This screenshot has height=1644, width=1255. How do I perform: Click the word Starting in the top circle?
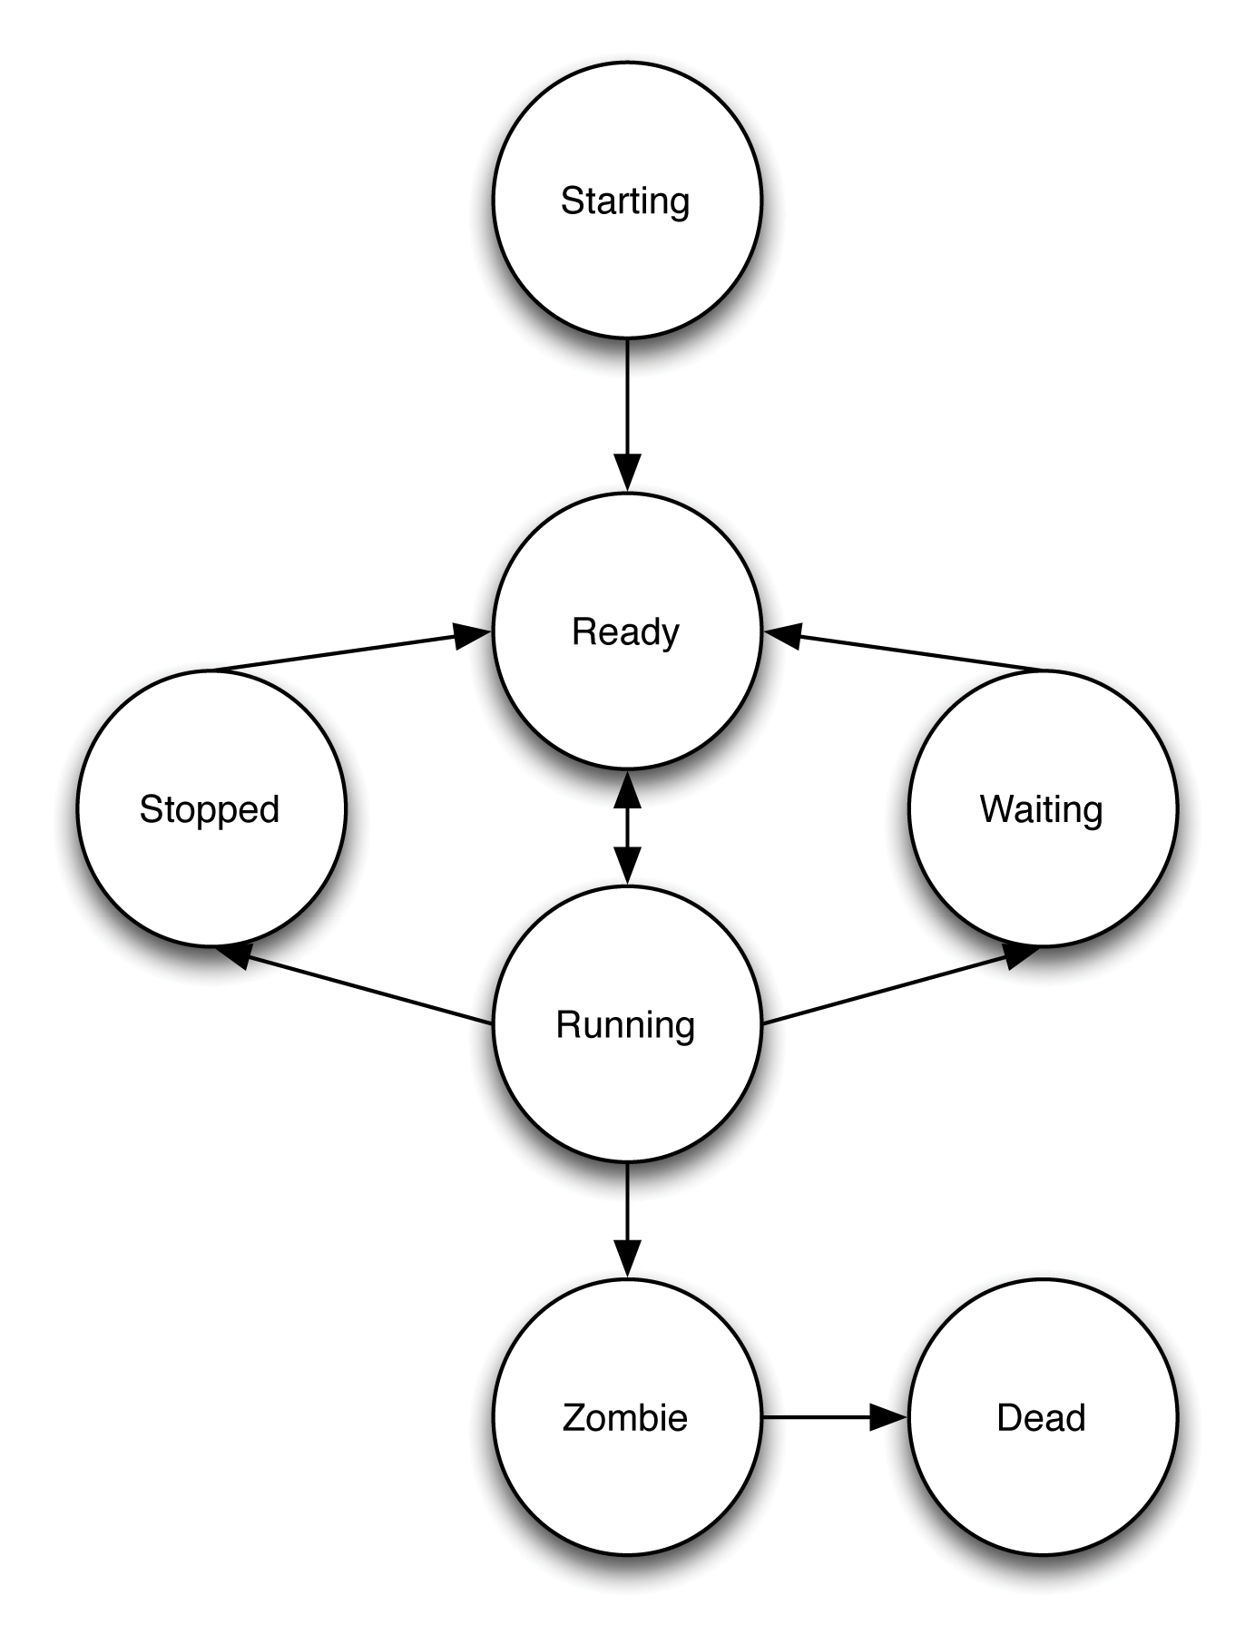(625, 201)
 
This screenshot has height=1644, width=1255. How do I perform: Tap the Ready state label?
(625, 631)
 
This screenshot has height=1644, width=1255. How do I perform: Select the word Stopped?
(210, 809)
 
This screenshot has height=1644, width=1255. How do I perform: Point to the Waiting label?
(1041, 809)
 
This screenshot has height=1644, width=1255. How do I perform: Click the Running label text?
(625, 1024)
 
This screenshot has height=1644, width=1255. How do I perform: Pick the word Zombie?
(625, 1417)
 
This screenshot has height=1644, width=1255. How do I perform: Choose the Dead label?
(1041, 1417)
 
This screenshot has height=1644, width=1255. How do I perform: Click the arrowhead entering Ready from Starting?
(627, 473)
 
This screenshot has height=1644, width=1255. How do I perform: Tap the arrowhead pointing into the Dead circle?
(887, 1417)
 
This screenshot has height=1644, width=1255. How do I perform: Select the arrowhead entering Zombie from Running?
(627, 1259)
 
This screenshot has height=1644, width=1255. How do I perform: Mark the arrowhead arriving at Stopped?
(234, 954)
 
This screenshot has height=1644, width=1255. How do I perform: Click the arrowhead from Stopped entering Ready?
(471, 635)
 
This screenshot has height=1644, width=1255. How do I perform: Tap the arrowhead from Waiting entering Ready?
(784, 635)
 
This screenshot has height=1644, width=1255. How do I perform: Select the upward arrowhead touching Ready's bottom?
(627, 791)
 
